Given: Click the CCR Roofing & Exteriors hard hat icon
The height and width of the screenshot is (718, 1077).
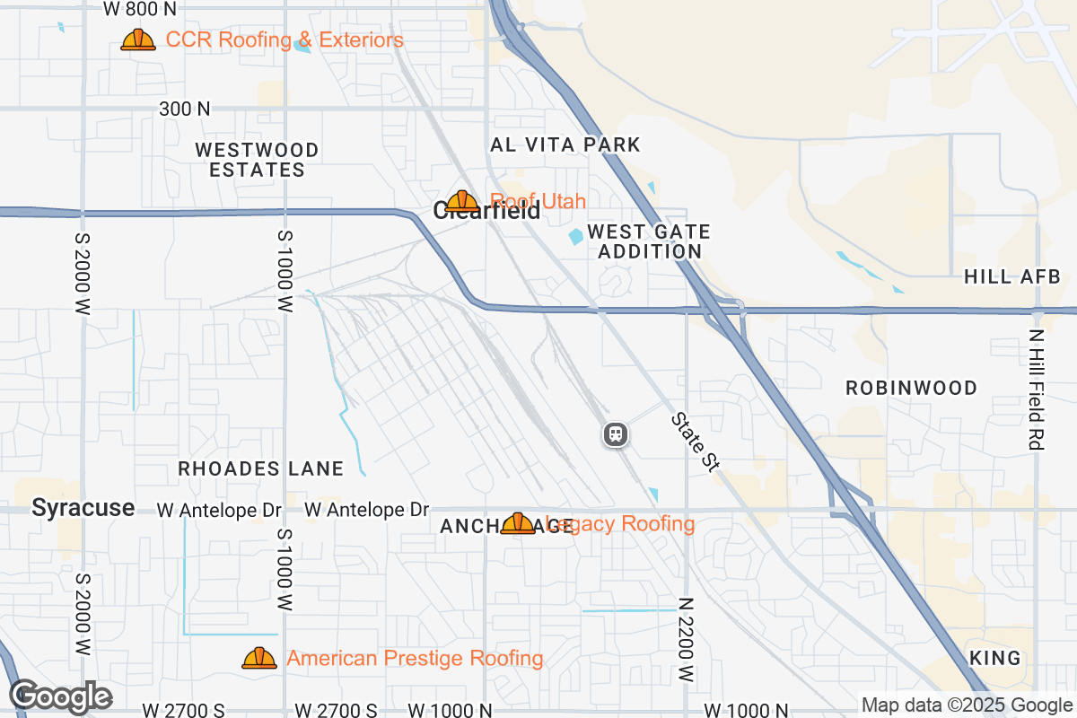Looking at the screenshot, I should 138,40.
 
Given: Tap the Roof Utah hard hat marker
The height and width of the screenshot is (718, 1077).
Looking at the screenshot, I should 462,202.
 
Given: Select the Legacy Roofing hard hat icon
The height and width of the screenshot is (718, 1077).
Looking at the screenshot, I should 518,523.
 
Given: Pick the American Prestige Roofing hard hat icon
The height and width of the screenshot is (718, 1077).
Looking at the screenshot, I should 259,659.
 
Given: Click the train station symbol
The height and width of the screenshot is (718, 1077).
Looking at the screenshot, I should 616,435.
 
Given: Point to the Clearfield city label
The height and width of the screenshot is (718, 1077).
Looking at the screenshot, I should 486,212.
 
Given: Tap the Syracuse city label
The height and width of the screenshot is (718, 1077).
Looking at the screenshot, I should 83,508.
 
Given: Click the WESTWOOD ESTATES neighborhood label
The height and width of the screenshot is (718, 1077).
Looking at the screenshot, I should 257,160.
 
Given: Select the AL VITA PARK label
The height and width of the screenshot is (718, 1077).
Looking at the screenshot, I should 565,144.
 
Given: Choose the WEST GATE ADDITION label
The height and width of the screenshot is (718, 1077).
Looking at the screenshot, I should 649,241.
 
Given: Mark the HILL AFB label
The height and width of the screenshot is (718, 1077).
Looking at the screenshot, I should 1012,276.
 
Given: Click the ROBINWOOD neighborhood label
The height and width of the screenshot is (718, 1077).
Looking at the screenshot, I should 912,388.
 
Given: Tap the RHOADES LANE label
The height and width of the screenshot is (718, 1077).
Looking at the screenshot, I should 260,468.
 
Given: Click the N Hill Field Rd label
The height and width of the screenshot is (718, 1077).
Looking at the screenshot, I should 1038,389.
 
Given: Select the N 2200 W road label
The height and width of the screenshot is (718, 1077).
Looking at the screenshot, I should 687,640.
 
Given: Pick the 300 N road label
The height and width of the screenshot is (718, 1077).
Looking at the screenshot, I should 185,109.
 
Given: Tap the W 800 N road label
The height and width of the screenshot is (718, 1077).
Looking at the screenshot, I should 140,9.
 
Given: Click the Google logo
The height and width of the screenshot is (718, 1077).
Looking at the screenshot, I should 60,696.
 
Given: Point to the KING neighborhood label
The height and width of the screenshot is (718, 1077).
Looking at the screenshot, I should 995,658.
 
